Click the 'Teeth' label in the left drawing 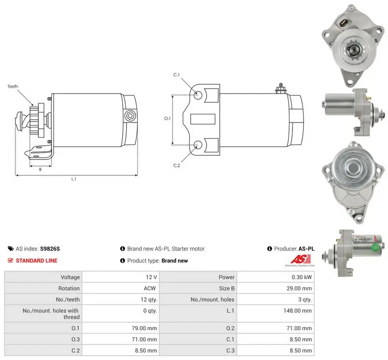tap(13, 86)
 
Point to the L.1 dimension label tap(74, 179)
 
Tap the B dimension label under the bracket tap(40, 170)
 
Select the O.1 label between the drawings tap(167, 118)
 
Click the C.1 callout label tap(177, 75)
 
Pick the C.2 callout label tap(177, 165)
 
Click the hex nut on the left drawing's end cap tap(129, 115)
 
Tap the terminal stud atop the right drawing tap(281, 89)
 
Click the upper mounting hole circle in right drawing tap(198, 95)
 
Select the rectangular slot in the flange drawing tap(203, 119)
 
